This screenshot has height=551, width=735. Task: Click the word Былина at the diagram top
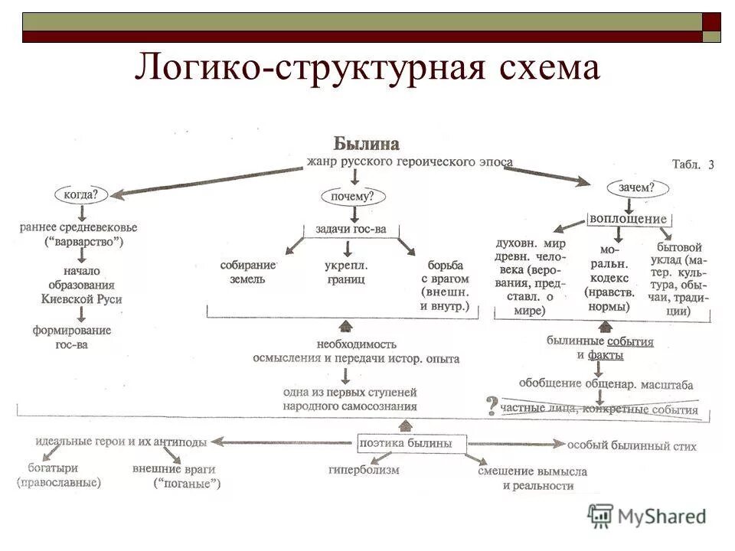[x=366, y=144]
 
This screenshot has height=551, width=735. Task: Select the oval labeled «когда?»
[x=80, y=194]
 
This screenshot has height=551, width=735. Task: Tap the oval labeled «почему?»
[x=352, y=197]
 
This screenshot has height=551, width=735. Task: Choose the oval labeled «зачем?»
[x=637, y=187]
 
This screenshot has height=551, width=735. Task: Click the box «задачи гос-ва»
[x=351, y=228]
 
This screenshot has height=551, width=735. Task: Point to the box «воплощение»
[x=628, y=218]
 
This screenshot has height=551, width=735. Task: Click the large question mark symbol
[x=492, y=405]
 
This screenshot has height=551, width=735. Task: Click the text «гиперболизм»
[x=364, y=470]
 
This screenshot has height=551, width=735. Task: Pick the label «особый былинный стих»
[x=631, y=445]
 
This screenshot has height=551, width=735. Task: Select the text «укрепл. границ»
[x=345, y=272]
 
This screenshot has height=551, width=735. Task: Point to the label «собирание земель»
[x=246, y=272]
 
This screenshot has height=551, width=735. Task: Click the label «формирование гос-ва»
[x=71, y=337]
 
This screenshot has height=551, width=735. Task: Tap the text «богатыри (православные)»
[x=58, y=475]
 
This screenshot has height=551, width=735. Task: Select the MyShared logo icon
[x=601, y=515]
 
